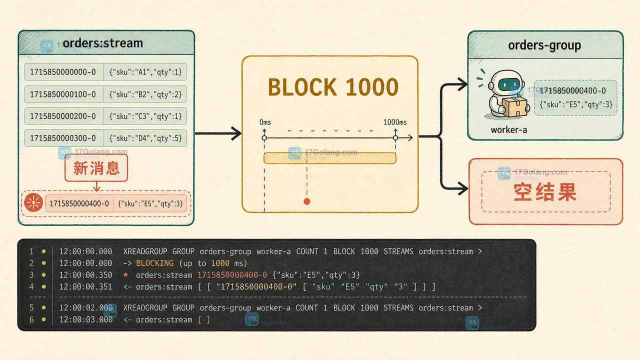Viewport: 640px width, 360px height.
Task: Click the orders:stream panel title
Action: pyautogui.click(x=103, y=43)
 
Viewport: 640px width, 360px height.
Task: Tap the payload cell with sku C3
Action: pyautogui.click(x=145, y=116)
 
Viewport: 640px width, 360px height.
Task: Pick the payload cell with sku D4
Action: pyautogui.click(x=145, y=138)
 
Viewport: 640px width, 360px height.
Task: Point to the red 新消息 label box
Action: pyautogui.click(x=96, y=168)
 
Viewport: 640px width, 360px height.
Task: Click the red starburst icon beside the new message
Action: pyautogui.click(x=33, y=202)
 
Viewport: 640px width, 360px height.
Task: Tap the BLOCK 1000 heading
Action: pyautogui.click(x=333, y=87)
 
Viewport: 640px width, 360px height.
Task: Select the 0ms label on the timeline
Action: pyautogui.click(x=265, y=122)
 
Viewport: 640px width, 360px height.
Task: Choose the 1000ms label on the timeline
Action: pyautogui.click(x=395, y=122)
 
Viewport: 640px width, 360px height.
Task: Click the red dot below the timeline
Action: pyautogui.click(x=307, y=201)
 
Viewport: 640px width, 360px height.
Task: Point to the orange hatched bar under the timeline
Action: pyautogui.click(x=329, y=158)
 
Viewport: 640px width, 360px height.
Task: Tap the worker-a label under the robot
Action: pyautogui.click(x=509, y=130)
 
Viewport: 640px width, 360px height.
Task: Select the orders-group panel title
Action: pyautogui.click(x=544, y=45)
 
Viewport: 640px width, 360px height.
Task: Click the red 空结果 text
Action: pyautogui.click(x=545, y=192)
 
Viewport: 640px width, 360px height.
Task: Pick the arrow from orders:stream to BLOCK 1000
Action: pyautogui.click(x=218, y=133)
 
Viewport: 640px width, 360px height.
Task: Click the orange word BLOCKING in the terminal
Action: pyautogui.click(x=155, y=263)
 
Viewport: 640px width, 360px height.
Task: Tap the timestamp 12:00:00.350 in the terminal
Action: pyautogui.click(x=85, y=275)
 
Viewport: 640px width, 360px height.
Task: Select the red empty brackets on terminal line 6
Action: pyautogui.click(x=204, y=319)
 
